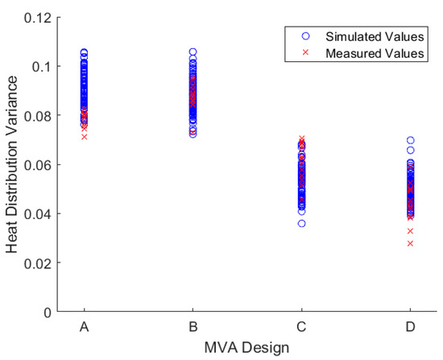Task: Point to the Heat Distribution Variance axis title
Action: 13,164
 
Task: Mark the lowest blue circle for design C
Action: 301,223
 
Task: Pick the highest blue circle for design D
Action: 410,140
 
